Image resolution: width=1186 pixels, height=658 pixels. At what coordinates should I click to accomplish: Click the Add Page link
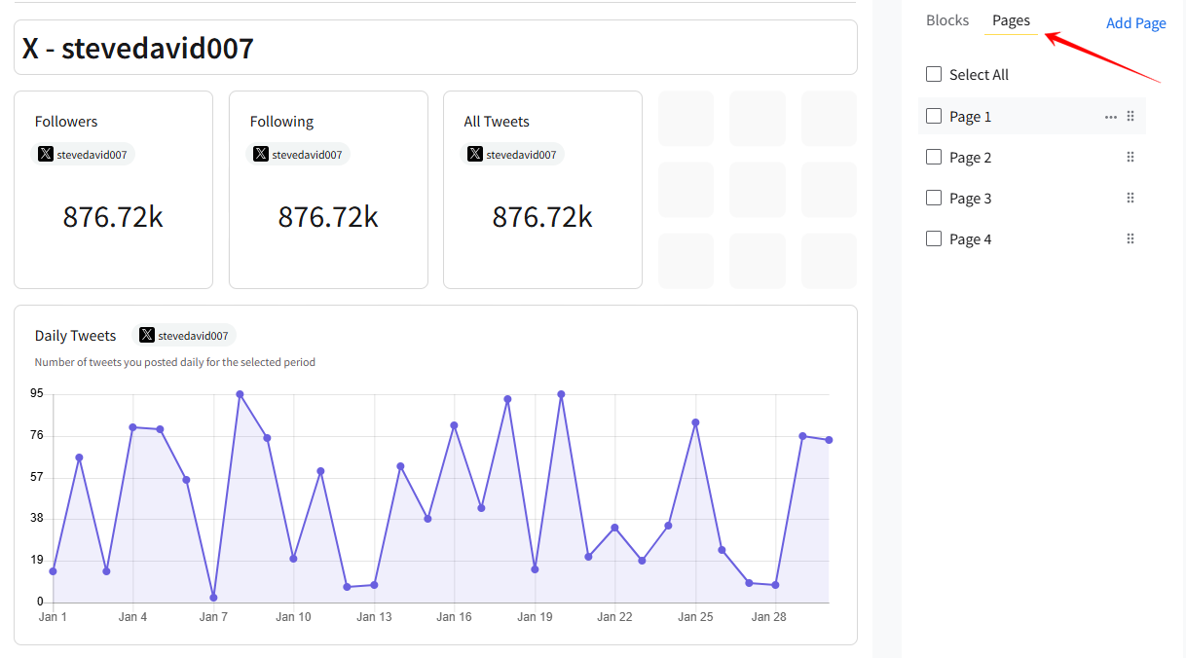coord(1135,23)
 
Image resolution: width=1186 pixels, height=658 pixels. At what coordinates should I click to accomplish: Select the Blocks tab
coord(947,20)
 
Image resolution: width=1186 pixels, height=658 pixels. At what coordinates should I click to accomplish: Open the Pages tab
coord(1011,20)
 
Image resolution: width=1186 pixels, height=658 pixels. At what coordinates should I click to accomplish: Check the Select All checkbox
coord(934,75)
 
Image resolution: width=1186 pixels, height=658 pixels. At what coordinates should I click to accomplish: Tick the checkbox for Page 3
coord(934,199)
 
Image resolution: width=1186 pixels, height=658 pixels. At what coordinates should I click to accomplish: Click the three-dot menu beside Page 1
coord(1111,117)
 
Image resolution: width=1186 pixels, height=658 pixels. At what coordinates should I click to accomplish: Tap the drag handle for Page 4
coord(1130,239)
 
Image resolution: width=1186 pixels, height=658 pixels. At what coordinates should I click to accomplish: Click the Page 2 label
coord(970,158)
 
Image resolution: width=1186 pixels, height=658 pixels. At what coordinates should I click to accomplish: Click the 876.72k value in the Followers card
coord(113,217)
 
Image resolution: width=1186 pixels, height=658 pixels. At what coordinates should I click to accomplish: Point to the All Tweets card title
coord(497,122)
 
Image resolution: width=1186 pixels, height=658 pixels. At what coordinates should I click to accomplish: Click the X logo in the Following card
coord(261,154)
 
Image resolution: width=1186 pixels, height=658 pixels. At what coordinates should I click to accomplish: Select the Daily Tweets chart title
coord(75,336)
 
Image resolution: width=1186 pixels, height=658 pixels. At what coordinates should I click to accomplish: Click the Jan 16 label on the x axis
coord(454,617)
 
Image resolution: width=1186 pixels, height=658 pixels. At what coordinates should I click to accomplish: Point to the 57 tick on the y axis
coord(37,477)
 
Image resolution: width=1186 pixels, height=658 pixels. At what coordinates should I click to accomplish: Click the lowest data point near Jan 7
coord(213,598)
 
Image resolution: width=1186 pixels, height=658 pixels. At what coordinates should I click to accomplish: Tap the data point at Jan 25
coord(695,422)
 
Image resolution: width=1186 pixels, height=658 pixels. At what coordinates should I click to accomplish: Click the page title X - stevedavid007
coord(138,48)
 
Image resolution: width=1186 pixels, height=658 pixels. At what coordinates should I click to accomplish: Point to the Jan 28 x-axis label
coord(768,617)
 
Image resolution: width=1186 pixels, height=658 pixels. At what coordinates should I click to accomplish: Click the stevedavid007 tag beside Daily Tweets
coord(184,336)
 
